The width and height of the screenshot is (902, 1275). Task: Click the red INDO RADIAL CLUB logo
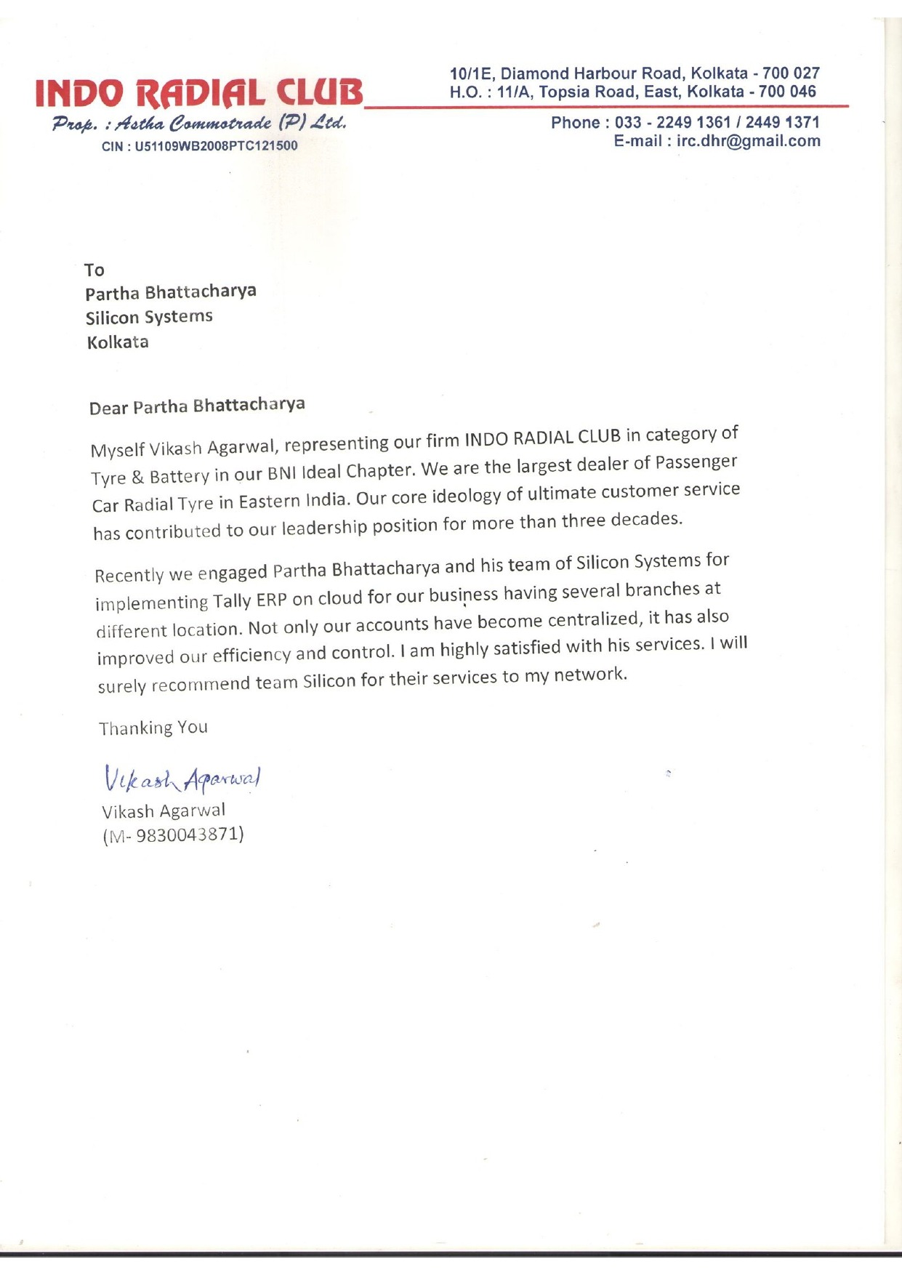(198, 93)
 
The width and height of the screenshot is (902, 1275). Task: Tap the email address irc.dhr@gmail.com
(748, 141)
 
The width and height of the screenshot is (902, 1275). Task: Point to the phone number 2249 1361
(693, 122)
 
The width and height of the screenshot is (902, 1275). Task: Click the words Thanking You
(153, 728)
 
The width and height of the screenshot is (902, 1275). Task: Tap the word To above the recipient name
(94, 270)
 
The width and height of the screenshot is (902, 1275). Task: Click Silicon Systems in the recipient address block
(149, 318)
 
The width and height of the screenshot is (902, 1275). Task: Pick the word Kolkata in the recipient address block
(118, 342)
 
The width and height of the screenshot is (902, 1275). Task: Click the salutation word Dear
(108, 408)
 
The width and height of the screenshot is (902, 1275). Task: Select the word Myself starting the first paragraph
(117, 450)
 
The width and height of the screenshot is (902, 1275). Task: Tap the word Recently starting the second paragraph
(129, 575)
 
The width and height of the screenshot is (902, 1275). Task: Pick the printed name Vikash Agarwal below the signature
(164, 811)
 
